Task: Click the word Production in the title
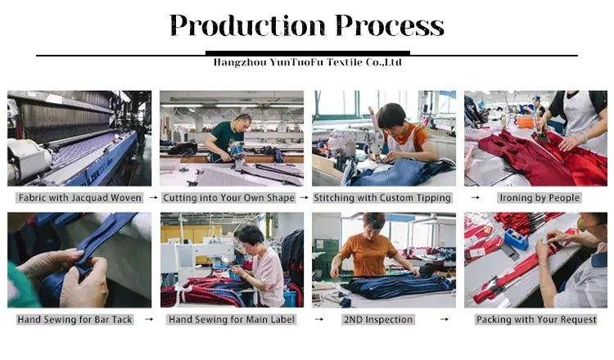click(x=247, y=26)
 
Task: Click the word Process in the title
click(x=390, y=26)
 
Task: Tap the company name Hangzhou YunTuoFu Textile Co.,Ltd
click(x=307, y=62)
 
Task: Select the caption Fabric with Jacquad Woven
click(x=80, y=198)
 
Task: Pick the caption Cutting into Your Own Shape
click(x=228, y=198)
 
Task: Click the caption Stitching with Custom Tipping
click(x=382, y=198)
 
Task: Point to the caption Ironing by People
click(x=540, y=198)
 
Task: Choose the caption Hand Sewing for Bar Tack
click(x=74, y=319)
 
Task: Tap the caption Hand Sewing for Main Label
click(x=232, y=319)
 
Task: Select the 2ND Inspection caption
click(x=378, y=319)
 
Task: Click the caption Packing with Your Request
click(x=536, y=319)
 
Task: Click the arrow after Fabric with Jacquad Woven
click(x=153, y=198)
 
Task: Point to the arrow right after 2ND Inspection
click(x=444, y=319)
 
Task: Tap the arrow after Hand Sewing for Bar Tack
click(x=149, y=319)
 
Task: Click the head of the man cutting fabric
click(x=243, y=122)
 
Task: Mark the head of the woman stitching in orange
click(x=392, y=117)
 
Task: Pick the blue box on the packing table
click(x=516, y=239)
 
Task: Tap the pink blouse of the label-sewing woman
click(x=269, y=277)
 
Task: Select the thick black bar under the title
click(x=308, y=53)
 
